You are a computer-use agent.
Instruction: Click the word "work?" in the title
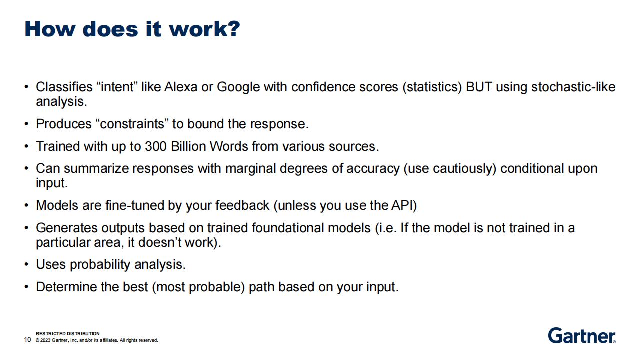pyautogui.click(x=205, y=29)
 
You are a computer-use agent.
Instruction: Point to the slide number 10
pyautogui.click(x=27, y=339)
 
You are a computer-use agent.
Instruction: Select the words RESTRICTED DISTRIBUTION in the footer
pyautogui.click(x=68, y=333)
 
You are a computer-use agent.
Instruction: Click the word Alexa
pyautogui.click(x=181, y=87)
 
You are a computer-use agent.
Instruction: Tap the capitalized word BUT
pyautogui.click(x=479, y=87)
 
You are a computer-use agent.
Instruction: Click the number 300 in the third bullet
pyautogui.click(x=155, y=146)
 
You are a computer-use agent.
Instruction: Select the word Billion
pyautogui.click(x=188, y=146)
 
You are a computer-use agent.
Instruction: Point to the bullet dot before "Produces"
pyautogui.click(x=26, y=124)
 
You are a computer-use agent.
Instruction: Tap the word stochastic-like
pyautogui.click(x=573, y=87)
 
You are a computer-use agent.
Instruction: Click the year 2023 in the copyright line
pyautogui.click(x=45, y=340)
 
